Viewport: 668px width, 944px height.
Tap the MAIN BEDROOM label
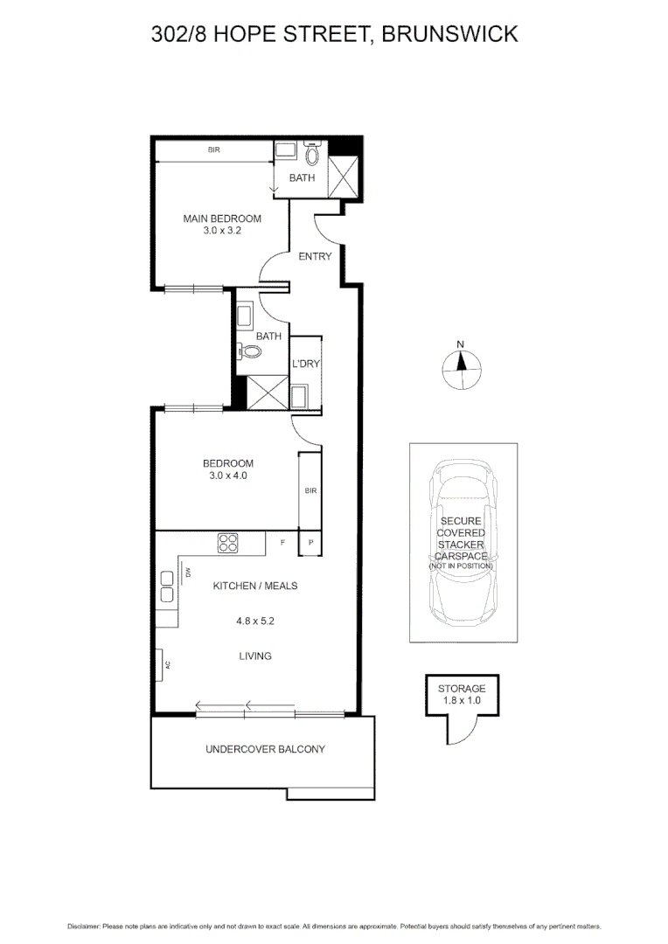tap(222, 219)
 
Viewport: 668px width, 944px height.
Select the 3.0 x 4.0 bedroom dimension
tap(228, 475)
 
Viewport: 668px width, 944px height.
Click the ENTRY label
tap(315, 256)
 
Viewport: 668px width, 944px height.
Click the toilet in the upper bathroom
tap(312, 156)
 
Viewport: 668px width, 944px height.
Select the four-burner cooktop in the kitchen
tap(228, 543)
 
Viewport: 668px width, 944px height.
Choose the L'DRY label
tap(305, 364)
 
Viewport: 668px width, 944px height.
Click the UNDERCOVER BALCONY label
tap(265, 749)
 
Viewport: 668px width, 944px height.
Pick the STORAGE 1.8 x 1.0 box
tap(462, 694)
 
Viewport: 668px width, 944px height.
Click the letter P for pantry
tap(310, 543)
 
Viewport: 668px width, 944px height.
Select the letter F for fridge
tap(282, 543)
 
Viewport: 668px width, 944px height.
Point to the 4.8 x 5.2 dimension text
tap(255, 621)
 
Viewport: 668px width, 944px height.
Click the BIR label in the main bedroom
tap(213, 150)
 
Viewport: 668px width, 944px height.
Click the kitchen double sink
tap(167, 587)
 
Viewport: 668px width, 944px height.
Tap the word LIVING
tap(255, 656)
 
